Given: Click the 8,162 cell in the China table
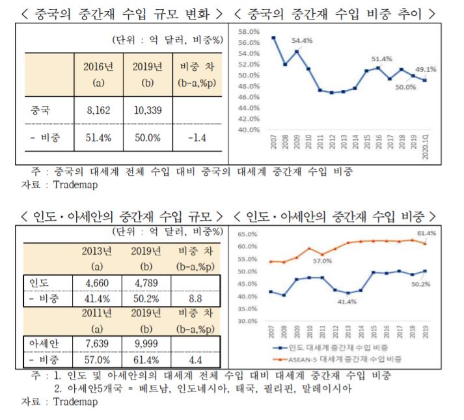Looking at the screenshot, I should click(99, 111).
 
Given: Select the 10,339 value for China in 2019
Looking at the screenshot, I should click(148, 111).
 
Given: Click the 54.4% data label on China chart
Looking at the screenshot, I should click(301, 40).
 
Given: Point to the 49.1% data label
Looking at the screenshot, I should click(426, 69).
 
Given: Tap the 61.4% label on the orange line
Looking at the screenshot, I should click(426, 233).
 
